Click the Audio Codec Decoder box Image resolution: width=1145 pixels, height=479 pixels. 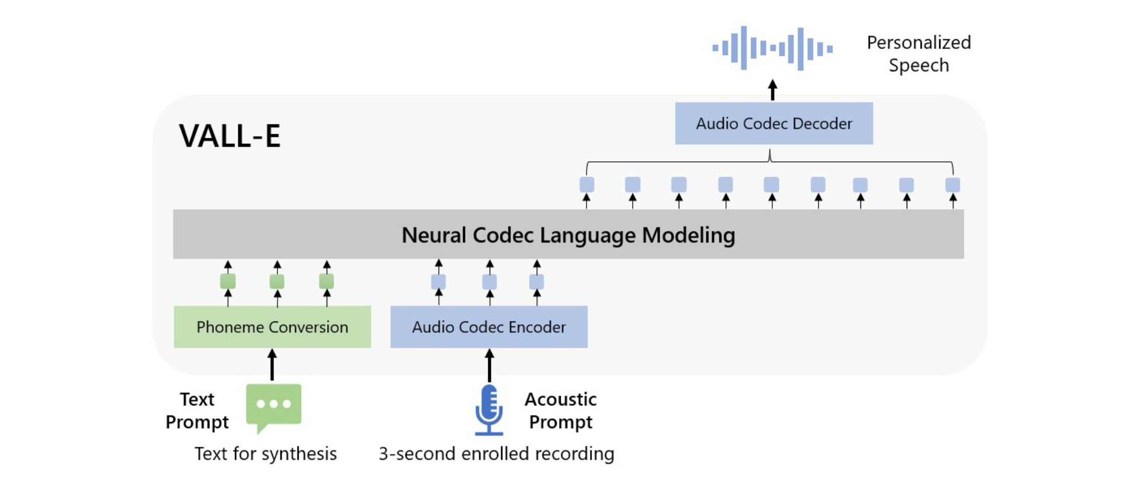774,123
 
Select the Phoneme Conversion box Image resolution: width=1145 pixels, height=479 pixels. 272,327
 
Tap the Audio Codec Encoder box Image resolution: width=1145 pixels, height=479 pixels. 489,327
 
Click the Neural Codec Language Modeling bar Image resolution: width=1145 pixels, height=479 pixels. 568,234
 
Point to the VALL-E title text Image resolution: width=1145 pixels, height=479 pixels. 230,136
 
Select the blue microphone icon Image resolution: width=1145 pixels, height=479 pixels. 489,409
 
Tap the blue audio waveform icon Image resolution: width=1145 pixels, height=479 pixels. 772,48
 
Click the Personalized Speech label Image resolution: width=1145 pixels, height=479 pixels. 919,54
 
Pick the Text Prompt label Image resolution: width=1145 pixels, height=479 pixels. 197,411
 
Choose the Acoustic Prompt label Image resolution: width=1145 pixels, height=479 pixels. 561,411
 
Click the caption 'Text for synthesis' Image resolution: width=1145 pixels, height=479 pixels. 266,454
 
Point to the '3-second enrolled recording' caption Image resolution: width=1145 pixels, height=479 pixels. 497,454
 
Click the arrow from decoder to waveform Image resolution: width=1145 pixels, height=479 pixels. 772,90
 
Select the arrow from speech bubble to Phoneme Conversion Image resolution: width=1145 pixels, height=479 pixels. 272,365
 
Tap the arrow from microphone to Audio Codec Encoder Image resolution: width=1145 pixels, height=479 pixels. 490,365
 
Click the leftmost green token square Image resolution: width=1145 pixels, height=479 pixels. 228,282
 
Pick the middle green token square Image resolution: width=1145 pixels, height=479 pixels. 277,282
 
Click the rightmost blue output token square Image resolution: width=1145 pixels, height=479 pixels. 953,185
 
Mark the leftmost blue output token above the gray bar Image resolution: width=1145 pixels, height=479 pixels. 587,185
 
